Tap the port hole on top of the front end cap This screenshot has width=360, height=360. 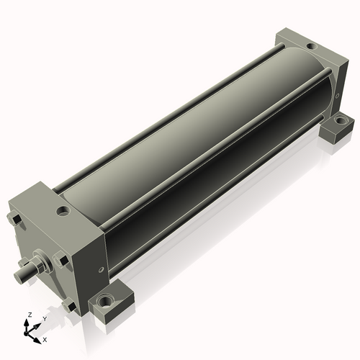tap(64, 212)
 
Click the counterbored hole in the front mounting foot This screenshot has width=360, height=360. tap(108, 300)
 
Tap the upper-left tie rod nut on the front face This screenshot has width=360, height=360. tap(14, 218)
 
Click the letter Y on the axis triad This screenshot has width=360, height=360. tap(44, 318)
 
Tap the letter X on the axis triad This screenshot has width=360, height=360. tap(45, 338)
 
